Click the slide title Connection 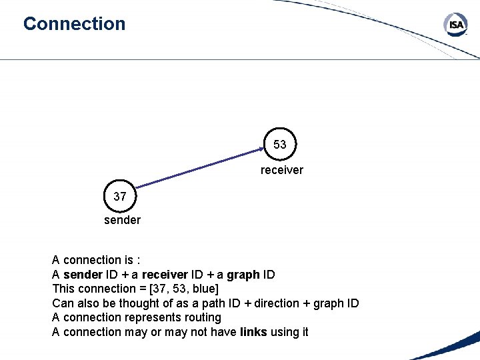pyautogui.click(x=74, y=24)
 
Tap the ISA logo pyautogui.click(x=456, y=25)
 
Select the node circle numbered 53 pyautogui.click(x=280, y=145)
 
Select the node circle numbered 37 pyautogui.click(x=120, y=197)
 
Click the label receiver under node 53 pyautogui.click(x=281, y=170)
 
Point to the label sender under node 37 pyautogui.click(x=122, y=220)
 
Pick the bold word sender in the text pyautogui.click(x=83, y=275)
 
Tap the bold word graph pyautogui.click(x=243, y=275)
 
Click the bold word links pyautogui.click(x=253, y=332)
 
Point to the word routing pyautogui.click(x=200, y=317)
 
